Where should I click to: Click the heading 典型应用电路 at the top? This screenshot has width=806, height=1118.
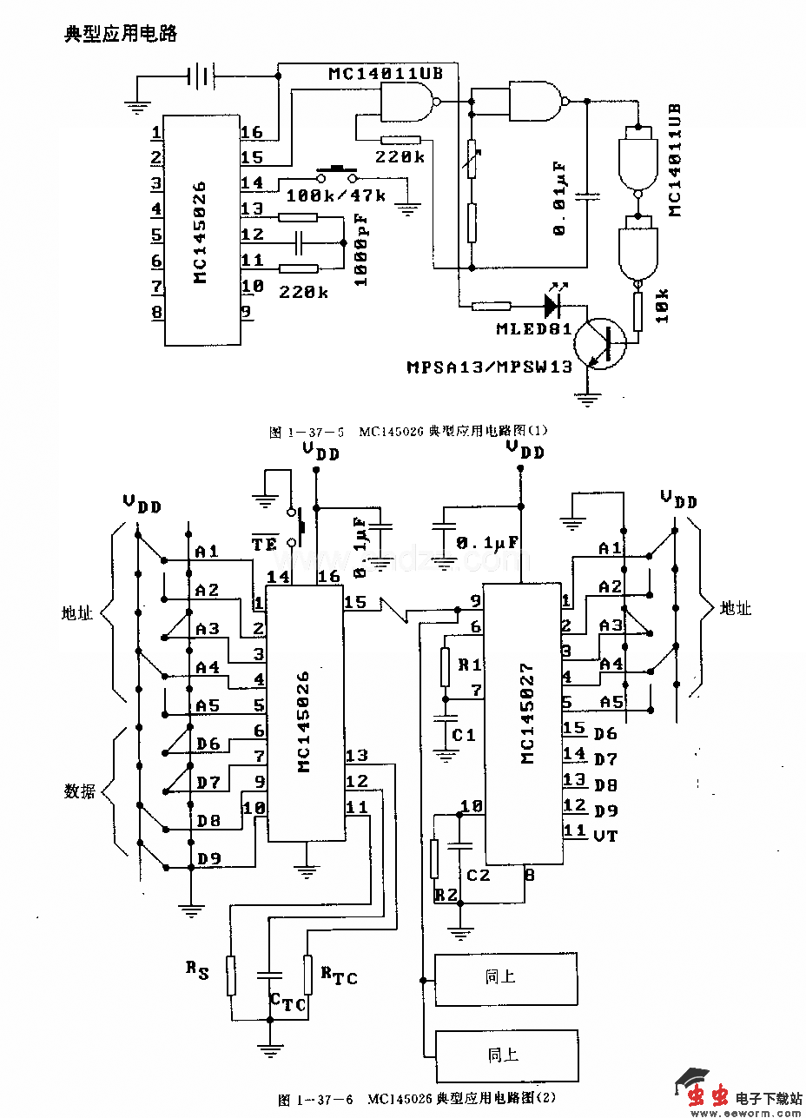[x=121, y=34]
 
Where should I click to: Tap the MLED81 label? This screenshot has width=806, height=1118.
[x=534, y=329]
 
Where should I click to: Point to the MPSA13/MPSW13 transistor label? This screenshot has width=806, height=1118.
[x=490, y=367]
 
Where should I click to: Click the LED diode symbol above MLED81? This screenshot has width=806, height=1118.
[x=551, y=304]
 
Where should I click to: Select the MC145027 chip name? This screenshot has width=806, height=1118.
[x=529, y=715]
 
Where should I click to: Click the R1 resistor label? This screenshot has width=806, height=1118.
[x=469, y=665]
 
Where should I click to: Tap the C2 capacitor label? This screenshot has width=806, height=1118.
[x=478, y=876]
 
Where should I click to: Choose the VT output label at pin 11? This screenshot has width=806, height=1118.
[x=605, y=836]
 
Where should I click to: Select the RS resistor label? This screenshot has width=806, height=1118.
[x=197, y=969]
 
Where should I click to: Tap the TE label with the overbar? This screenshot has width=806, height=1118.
[x=264, y=545]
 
